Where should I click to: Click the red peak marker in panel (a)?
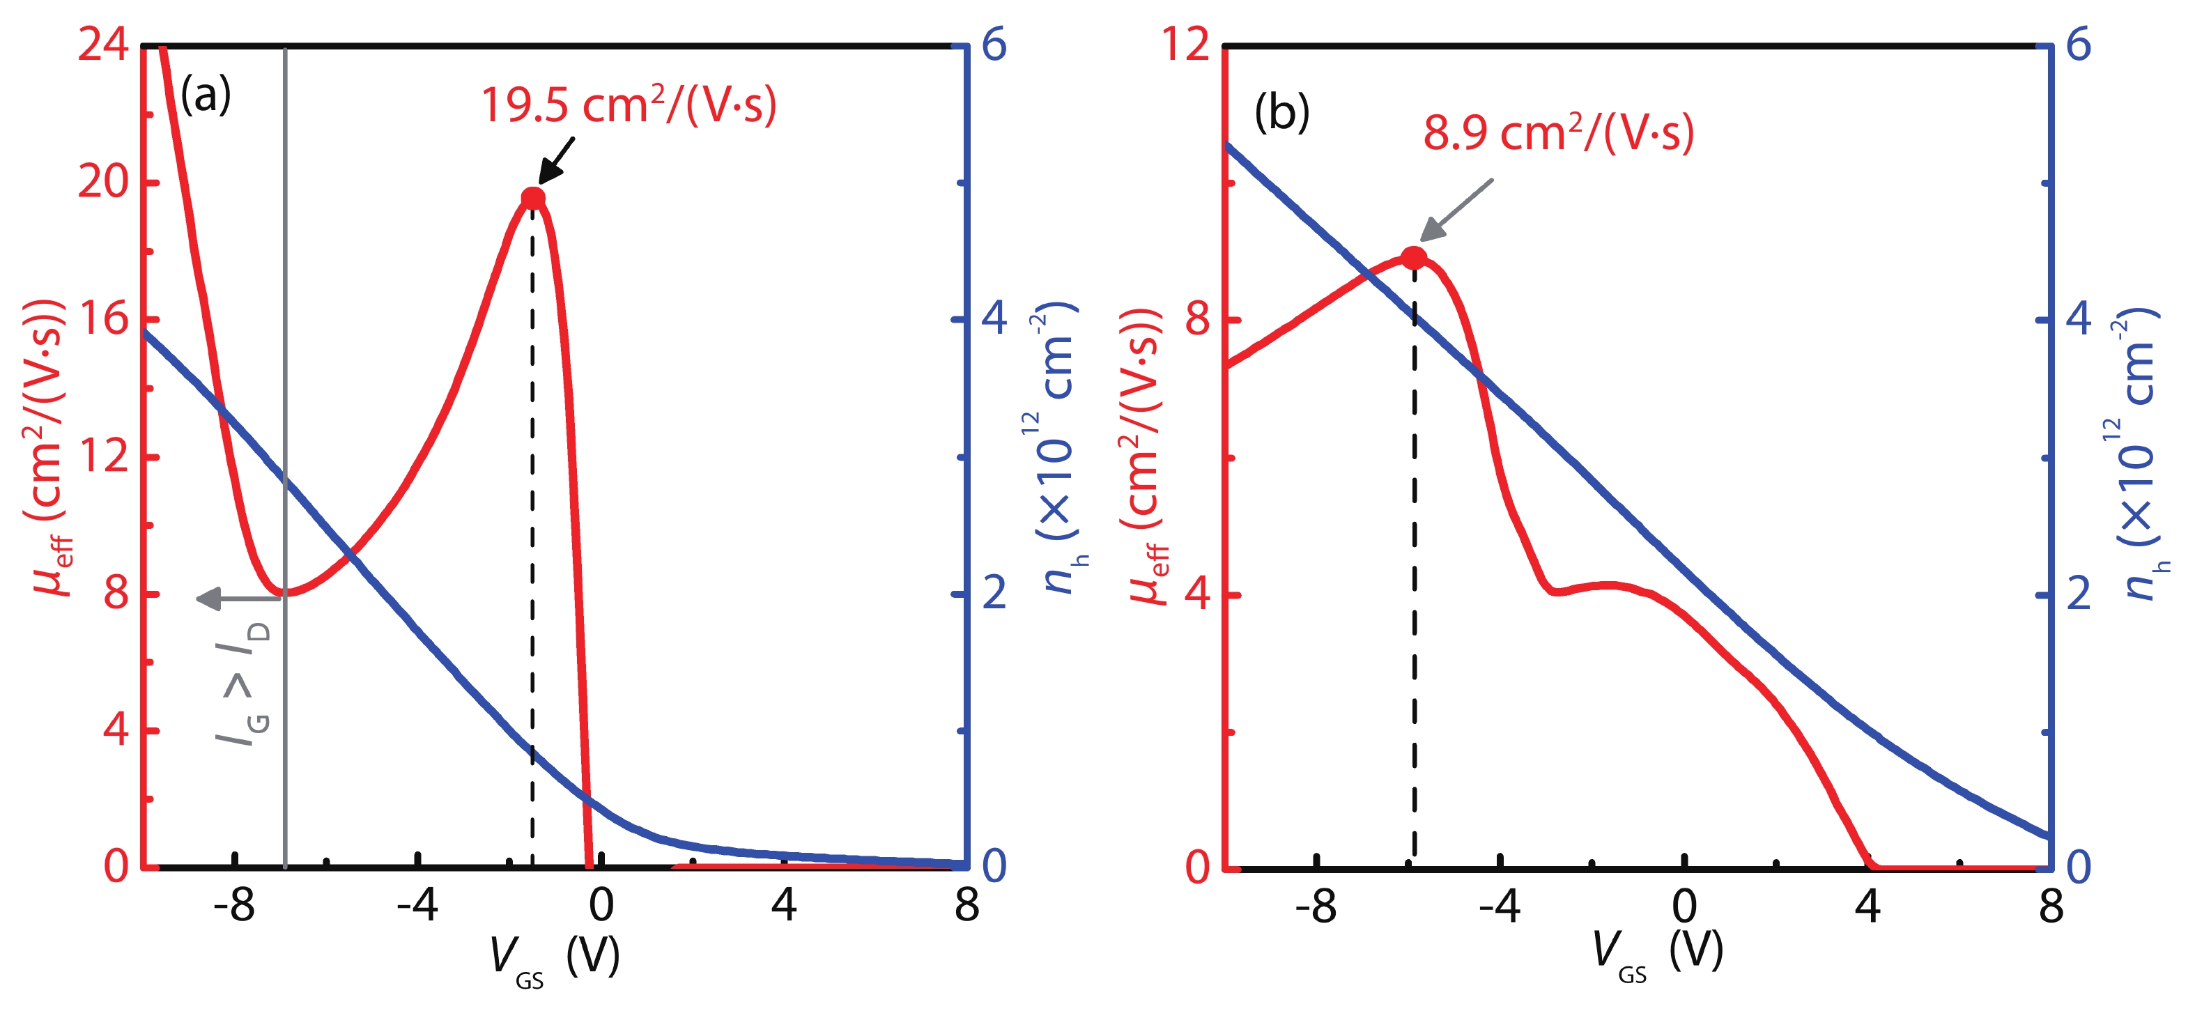click(x=532, y=199)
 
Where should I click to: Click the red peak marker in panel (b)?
click(x=1414, y=257)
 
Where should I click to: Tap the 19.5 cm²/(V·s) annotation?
click(x=629, y=106)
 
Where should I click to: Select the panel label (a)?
click(x=206, y=95)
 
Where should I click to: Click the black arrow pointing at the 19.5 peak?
click(x=557, y=160)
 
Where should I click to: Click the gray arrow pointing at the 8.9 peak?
click(x=1456, y=210)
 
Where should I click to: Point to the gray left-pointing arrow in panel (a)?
click(x=238, y=598)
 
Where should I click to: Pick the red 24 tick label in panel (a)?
click(x=103, y=45)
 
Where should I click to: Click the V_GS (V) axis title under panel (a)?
click(x=554, y=957)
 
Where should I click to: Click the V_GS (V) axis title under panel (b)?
click(x=1657, y=953)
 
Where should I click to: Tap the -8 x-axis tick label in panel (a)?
click(x=233, y=907)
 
